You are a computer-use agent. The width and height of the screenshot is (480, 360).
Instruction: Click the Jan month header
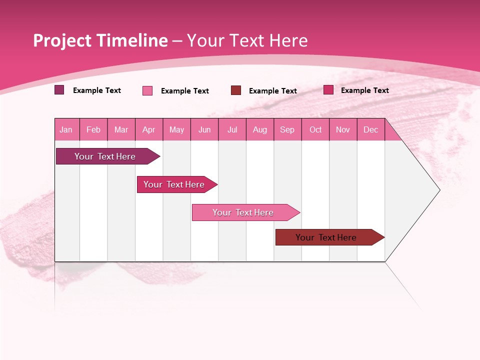pyautogui.click(x=66, y=129)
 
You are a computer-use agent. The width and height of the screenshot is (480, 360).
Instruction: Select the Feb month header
pyautogui.click(x=93, y=129)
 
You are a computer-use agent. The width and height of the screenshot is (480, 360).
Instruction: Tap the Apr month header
pyautogui.click(x=149, y=129)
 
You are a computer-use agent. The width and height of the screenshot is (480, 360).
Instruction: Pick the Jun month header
pyautogui.click(x=204, y=129)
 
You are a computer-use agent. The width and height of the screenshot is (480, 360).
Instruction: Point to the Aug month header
pyautogui.click(x=260, y=129)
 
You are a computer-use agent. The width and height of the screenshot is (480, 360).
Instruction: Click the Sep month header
pyautogui.click(x=287, y=129)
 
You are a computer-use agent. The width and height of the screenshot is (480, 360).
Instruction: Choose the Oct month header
pyautogui.click(x=315, y=129)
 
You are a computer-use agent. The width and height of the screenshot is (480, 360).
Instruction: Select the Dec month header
pyautogui.click(x=371, y=129)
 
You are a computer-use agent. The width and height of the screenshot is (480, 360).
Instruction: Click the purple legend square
pyautogui.click(x=59, y=90)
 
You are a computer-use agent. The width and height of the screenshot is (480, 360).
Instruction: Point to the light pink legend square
pyautogui.click(x=147, y=90)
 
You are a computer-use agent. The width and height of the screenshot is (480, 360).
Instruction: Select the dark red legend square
pyautogui.click(x=236, y=90)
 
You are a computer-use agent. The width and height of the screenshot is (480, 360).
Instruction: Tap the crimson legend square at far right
pyautogui.click(x=328, y=89)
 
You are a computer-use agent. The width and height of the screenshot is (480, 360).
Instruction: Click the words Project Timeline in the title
pyautogui.click(x=100, y=40)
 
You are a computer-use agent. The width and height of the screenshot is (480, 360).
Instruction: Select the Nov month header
pyautogui.click(x=343, y=129)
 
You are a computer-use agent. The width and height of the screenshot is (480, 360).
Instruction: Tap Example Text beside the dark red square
pyautogui.click(x=273, y=91)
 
